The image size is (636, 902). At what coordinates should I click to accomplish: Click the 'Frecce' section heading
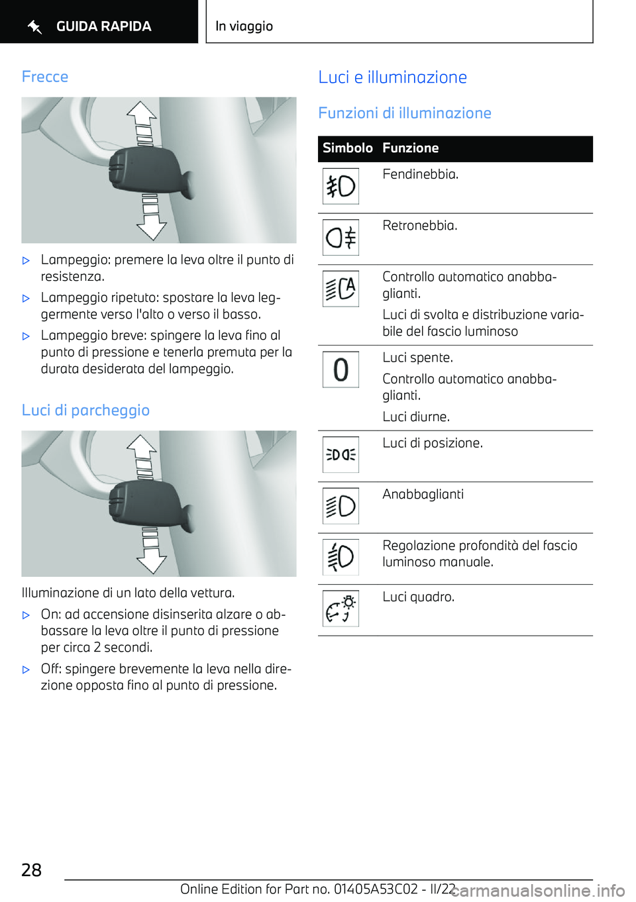click(x=45, y=77)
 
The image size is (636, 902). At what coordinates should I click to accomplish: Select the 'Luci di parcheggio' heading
click(x=85, y=411)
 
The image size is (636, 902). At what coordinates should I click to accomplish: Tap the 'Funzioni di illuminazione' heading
click(x=404, y=113)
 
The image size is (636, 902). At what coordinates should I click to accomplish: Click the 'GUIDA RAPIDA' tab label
click(x=103, y=26)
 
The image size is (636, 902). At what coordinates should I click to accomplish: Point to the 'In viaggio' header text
click(x=244, y=26)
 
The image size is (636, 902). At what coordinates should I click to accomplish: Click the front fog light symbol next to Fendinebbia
click(x=341, y=186)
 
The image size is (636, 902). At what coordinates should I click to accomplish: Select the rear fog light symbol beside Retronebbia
click(x=341, y=237)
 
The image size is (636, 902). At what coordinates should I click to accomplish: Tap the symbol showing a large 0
click(x=341, y=370)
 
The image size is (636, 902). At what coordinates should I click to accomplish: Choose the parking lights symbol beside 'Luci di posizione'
click(x=341, y=454)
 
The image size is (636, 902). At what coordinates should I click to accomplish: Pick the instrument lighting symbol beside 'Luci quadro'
click(x=341, y=609)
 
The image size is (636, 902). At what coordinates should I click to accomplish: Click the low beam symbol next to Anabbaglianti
click(x=341, y=506)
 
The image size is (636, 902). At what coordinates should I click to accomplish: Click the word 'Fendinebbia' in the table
click(x=420, y=175)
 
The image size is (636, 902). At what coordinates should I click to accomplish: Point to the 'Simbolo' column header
click(x=347, y=148)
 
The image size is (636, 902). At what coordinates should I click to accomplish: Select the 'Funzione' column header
click(x=410, y=148)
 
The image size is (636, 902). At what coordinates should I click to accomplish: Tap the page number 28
click(x=31, y=870)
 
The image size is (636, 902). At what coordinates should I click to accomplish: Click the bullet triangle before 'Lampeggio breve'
click(x=26, y=336)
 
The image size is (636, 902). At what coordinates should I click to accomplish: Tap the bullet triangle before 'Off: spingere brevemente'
click(x=26, y=670)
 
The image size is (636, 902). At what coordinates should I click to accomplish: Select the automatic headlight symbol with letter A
click(x=341, y=289)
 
